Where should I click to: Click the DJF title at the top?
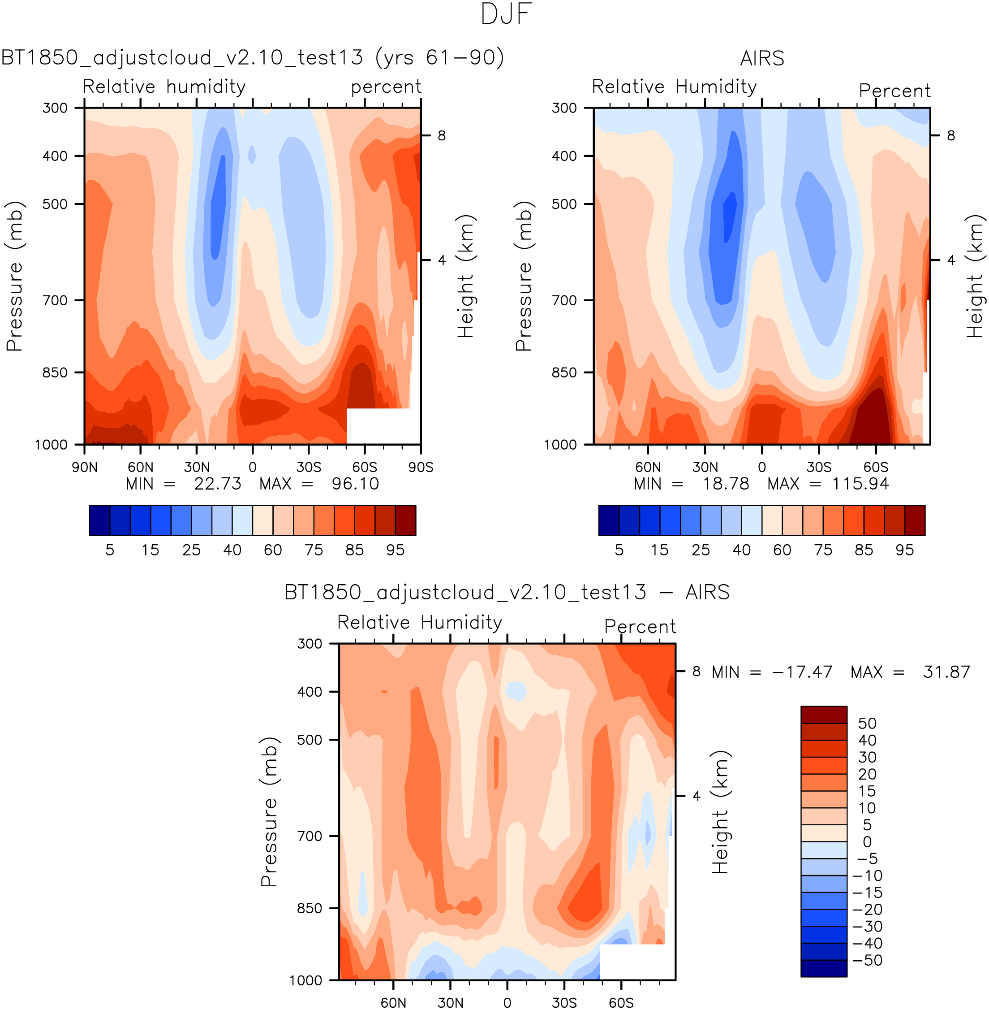click(507, 14)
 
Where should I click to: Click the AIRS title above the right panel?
click(761, 59)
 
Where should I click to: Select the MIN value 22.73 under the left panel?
click(218, 484)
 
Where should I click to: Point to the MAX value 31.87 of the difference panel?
click(946, 672)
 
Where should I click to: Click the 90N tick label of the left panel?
click(85, 467)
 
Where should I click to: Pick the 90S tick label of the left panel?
click(420, 467)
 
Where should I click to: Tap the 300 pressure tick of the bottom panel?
click(310, 644)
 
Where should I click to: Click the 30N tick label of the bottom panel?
click(450, 1003)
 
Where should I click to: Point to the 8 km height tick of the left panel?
click(442, 136)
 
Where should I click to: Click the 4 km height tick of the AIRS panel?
click(951, 260)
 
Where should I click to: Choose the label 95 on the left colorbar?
click(396, 550)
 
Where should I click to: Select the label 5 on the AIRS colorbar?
click(619, 550)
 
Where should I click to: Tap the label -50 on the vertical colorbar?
click(867, 960)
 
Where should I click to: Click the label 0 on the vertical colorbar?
click(867, 841)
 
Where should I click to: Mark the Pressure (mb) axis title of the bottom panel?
click(270, 811)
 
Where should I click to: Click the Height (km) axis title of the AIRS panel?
click(975, 276)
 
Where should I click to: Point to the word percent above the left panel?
click(386, 87)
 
